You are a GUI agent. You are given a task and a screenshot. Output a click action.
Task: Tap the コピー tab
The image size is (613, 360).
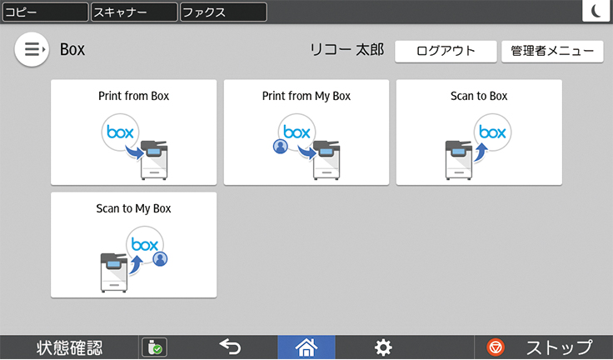pyautogui.click(x=45, y=12)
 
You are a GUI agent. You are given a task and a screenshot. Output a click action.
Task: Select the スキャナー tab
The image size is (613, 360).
pyautogui.click(x=134, y=12)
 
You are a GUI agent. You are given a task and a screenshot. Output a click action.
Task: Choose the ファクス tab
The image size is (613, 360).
pyautogui.click(x=223, y=12)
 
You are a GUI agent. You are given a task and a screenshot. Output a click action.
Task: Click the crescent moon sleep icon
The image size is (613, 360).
pyautogui.click(x=596, y=11)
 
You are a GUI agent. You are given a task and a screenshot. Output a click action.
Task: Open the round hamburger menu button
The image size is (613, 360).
pyautogui.click(x=32, y=50)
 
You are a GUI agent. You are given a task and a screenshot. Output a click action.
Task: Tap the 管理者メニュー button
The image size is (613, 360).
pyautogui.click(x=552, y=52)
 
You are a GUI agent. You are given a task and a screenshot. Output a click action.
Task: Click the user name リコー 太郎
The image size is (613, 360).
pyautogui.click(x=346, y=50)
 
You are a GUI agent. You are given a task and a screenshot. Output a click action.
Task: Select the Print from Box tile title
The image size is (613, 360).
pyautogui.click(x=134, y=96)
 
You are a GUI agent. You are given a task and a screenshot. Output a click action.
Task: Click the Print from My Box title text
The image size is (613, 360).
pyautogui.click(x=306, y=97)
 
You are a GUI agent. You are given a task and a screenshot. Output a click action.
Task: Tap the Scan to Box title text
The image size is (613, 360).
pyautogui.click(x=479, y=96)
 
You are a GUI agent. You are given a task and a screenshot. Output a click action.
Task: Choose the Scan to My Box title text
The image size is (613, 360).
pyautogui.click(x=134, y=208)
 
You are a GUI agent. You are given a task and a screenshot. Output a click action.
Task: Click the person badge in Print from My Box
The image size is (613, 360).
pyautogui.click(x=281, y=147)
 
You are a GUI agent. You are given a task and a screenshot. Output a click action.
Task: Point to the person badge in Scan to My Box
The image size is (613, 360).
pyautogui.click(x=160, y=258)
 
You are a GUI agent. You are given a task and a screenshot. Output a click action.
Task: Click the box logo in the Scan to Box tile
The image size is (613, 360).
pyautogui.click(x=492, y=132)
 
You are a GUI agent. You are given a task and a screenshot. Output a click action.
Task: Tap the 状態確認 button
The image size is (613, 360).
pyautogui.click(x=69, y=347)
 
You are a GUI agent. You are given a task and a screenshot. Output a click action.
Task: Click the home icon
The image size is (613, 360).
pyautogui.click(x=306, y=347)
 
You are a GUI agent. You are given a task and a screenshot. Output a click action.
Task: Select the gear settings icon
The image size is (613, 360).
pyautogui.click(x=383, y=347)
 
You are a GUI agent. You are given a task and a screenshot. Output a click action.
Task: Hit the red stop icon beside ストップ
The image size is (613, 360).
pyautogui.click(x=496, y=347)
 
